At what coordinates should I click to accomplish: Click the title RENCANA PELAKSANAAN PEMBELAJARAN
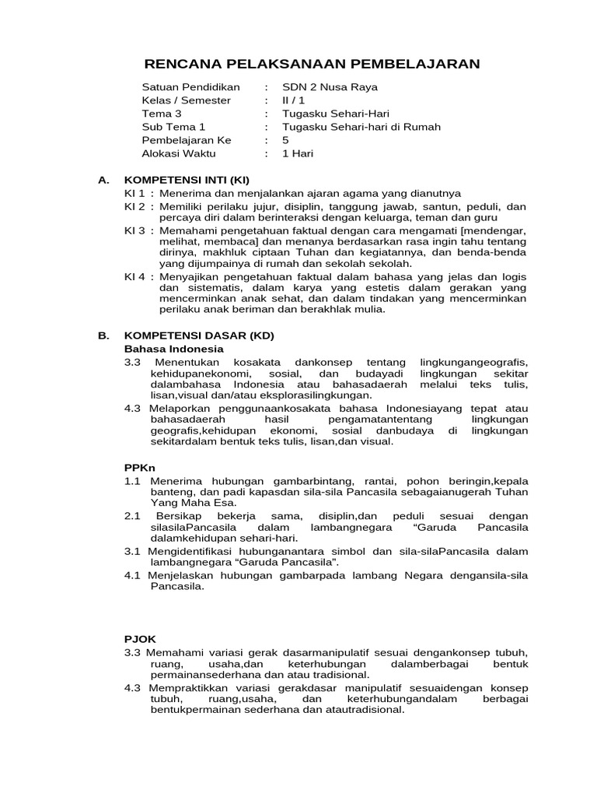313,63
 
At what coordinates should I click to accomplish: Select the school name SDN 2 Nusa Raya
330,87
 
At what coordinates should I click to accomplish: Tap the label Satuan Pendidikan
190,87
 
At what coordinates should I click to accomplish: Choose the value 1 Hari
298,153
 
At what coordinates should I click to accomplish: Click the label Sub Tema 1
173,127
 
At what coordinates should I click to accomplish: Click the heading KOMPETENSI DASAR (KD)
199,335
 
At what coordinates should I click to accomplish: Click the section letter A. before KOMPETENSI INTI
103,180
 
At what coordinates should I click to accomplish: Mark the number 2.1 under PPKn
131,516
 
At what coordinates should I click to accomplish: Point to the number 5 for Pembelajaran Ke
285,140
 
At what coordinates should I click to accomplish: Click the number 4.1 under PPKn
131,575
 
